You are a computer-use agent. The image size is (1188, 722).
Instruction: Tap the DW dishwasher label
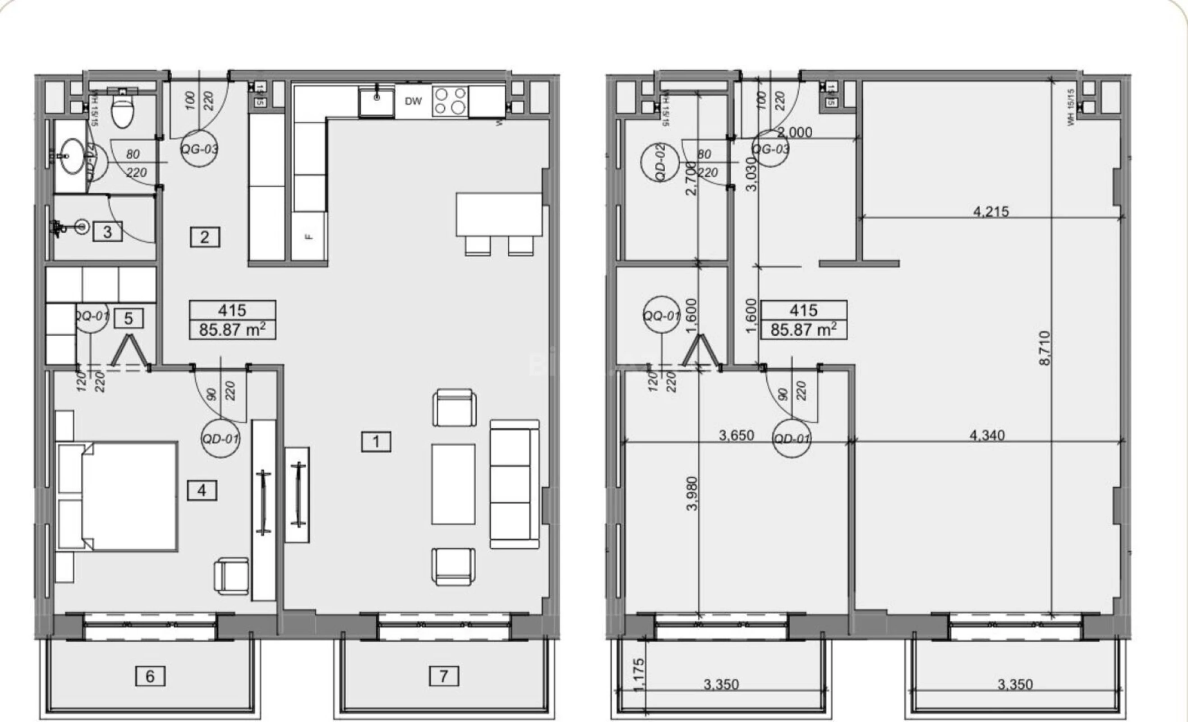tap(413, 101)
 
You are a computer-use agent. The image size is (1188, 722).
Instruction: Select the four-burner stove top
tap(449, 101)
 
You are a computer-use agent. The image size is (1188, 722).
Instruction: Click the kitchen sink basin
tap(376, 101)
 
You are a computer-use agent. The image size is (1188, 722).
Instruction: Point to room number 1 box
tap(376, 441)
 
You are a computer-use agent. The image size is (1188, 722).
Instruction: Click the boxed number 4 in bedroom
tap(202, 491)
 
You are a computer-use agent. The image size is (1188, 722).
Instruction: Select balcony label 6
tap(150, 676)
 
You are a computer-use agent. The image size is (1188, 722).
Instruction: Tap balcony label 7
tap(443, 676)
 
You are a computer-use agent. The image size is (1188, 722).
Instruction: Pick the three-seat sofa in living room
tap(514, 484)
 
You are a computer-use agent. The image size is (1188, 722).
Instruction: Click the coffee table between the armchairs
tap(453, 484)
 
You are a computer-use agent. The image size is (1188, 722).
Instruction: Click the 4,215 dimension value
tap(991, 211)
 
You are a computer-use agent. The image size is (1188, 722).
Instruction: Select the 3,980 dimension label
tap(692, 493)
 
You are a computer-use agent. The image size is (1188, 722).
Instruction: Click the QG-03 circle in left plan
tap(199, 148)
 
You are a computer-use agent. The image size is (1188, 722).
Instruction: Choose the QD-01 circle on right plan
tap(791, 439)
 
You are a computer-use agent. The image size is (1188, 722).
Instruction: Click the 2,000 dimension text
tap(794, 132)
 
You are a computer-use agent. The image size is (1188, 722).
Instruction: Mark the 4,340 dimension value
tap(987, 435)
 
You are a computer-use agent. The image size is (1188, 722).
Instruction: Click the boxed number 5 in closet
tap(128, 318)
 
